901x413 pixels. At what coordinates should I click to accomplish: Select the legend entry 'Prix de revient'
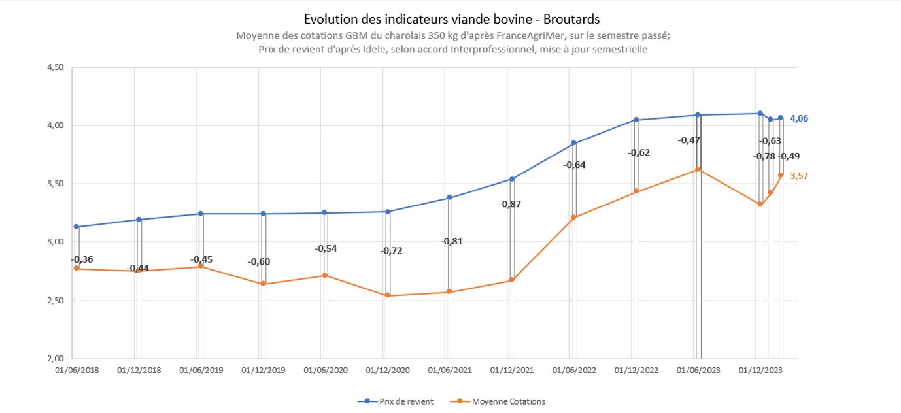click(405, 401)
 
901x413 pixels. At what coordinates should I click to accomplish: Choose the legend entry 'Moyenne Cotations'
click(508, 401)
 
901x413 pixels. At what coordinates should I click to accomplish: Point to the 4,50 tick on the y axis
click(54, 67)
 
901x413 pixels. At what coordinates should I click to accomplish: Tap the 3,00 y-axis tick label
click(54, 242)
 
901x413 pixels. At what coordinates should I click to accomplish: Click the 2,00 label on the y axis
click(54, 358)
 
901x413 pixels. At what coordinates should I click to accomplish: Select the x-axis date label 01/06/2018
click(77, 370)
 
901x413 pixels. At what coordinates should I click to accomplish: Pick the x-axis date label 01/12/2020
click(388, 370)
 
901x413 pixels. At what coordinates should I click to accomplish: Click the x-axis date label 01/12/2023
click(760, 370)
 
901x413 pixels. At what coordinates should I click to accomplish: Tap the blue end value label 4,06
click(800, 118)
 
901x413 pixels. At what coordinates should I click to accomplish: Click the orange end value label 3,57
click(800, 176)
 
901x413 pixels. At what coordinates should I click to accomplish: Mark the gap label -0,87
click(510, 204)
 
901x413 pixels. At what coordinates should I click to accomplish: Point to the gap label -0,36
click(82, 259)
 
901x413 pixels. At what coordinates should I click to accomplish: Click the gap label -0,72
click(391, 250)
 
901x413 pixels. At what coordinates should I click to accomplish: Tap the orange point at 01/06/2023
click(698, 169)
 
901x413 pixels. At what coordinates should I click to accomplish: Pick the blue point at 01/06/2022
click(573, 142)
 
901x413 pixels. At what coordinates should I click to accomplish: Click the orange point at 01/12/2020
click(387, 295)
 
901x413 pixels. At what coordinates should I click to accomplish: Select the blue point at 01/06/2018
click(76, 227)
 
